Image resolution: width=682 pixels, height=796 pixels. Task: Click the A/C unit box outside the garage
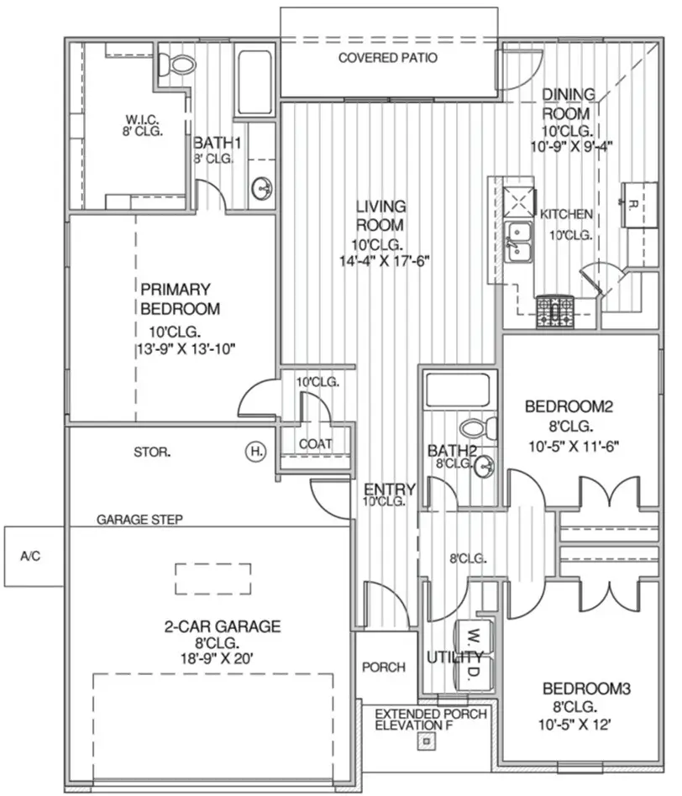30,556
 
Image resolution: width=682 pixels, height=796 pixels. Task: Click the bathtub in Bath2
457,389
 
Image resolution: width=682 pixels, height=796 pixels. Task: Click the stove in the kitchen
554,312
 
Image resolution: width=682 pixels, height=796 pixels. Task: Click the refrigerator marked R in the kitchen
637,203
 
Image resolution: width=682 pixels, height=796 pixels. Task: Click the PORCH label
383,668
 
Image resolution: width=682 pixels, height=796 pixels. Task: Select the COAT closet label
315,444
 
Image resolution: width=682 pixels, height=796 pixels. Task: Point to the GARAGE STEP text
140,520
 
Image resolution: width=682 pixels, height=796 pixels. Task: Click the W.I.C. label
139,118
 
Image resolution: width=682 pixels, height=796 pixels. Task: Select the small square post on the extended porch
428,742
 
